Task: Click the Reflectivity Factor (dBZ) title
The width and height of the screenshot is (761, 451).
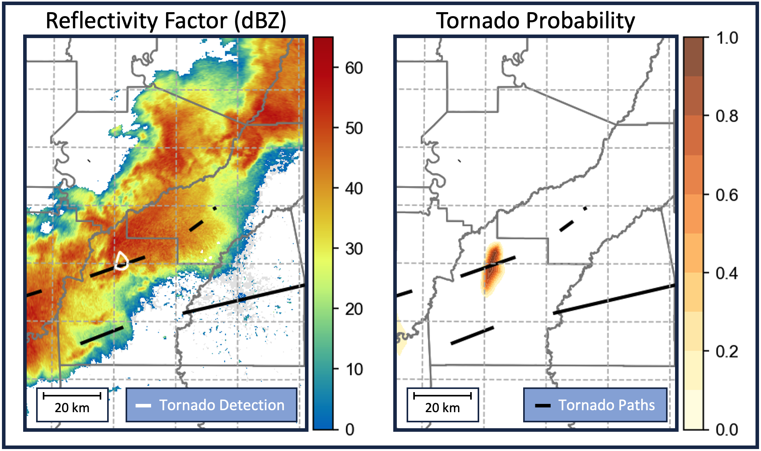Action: (x=166, y=20)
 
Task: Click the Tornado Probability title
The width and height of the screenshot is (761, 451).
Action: (x=535, y=20)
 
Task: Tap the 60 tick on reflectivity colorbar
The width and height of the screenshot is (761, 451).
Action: (x=353, y=68)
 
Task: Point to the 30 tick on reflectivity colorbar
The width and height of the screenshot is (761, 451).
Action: (x=353, y=248)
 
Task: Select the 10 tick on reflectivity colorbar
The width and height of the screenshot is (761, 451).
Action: (x=353, y=369)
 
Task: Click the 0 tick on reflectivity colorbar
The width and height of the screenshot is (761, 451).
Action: (x=350, y=429)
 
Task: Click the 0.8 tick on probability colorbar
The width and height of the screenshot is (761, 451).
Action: (x=726, y=116)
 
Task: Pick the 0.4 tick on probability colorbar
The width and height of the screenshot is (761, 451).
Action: (x=726, y=273)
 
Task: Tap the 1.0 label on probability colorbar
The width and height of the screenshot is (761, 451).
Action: (x=726, y=38)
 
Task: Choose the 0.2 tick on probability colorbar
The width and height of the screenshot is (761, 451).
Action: (x=726, y=351)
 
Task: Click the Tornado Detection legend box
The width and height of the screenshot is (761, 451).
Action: (x=211, y=405)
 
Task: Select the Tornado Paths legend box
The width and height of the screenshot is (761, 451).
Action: (x=595, y=405)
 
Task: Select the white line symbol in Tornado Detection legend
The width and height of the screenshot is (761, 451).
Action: (x=143, y=405)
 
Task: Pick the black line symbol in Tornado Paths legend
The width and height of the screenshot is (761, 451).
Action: (x=543, y=405)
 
